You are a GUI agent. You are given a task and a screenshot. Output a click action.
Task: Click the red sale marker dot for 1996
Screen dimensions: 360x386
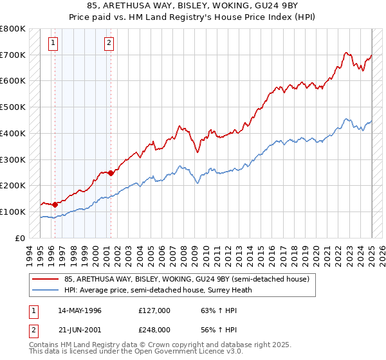(55, 204)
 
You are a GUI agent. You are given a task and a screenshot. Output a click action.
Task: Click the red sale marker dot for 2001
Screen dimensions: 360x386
(111, 172)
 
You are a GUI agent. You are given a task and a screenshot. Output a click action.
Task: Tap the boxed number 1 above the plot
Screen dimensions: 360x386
(53, 44)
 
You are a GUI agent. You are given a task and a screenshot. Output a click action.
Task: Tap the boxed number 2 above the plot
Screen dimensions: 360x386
(109, 44)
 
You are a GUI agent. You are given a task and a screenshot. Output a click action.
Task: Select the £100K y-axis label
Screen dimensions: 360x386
(13, 212)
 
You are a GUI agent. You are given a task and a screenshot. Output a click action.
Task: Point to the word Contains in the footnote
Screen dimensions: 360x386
(45, 345)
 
